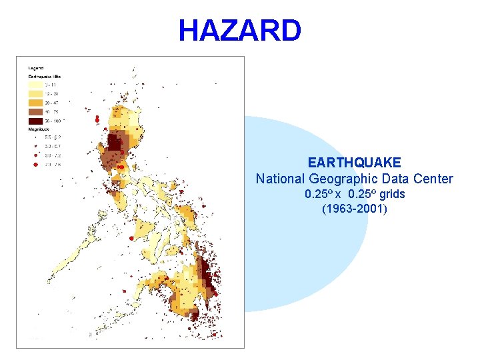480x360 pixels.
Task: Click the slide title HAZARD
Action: click(x=239, y=31)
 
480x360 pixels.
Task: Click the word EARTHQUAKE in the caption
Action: click(x=354, y=163)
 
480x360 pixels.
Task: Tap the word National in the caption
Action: click(x=280, y=179)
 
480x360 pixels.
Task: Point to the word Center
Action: click(x=435, y=179)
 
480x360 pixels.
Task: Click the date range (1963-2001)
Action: click(x=354, y=209)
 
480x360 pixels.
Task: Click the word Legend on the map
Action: click(x=36, y=68)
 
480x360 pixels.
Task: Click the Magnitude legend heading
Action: click(x=37, y=129)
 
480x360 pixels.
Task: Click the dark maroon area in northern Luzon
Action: click(x=116, y=143)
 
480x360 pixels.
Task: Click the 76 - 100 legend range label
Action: click(x=53, y=121)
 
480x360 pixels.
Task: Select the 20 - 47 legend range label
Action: click(x=51, y=103)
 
